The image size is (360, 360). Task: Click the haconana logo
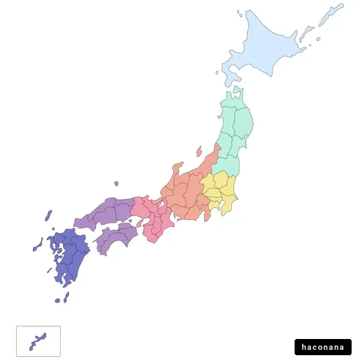pyautogui.click(x=323, y=347)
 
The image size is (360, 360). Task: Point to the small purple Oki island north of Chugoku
pyautogui.click(x=116, y=184)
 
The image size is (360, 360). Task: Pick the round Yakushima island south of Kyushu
pyautogui.click(x=58, y=300)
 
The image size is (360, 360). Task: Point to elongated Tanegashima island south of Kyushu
pyautogui.click(x=66, y=296)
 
